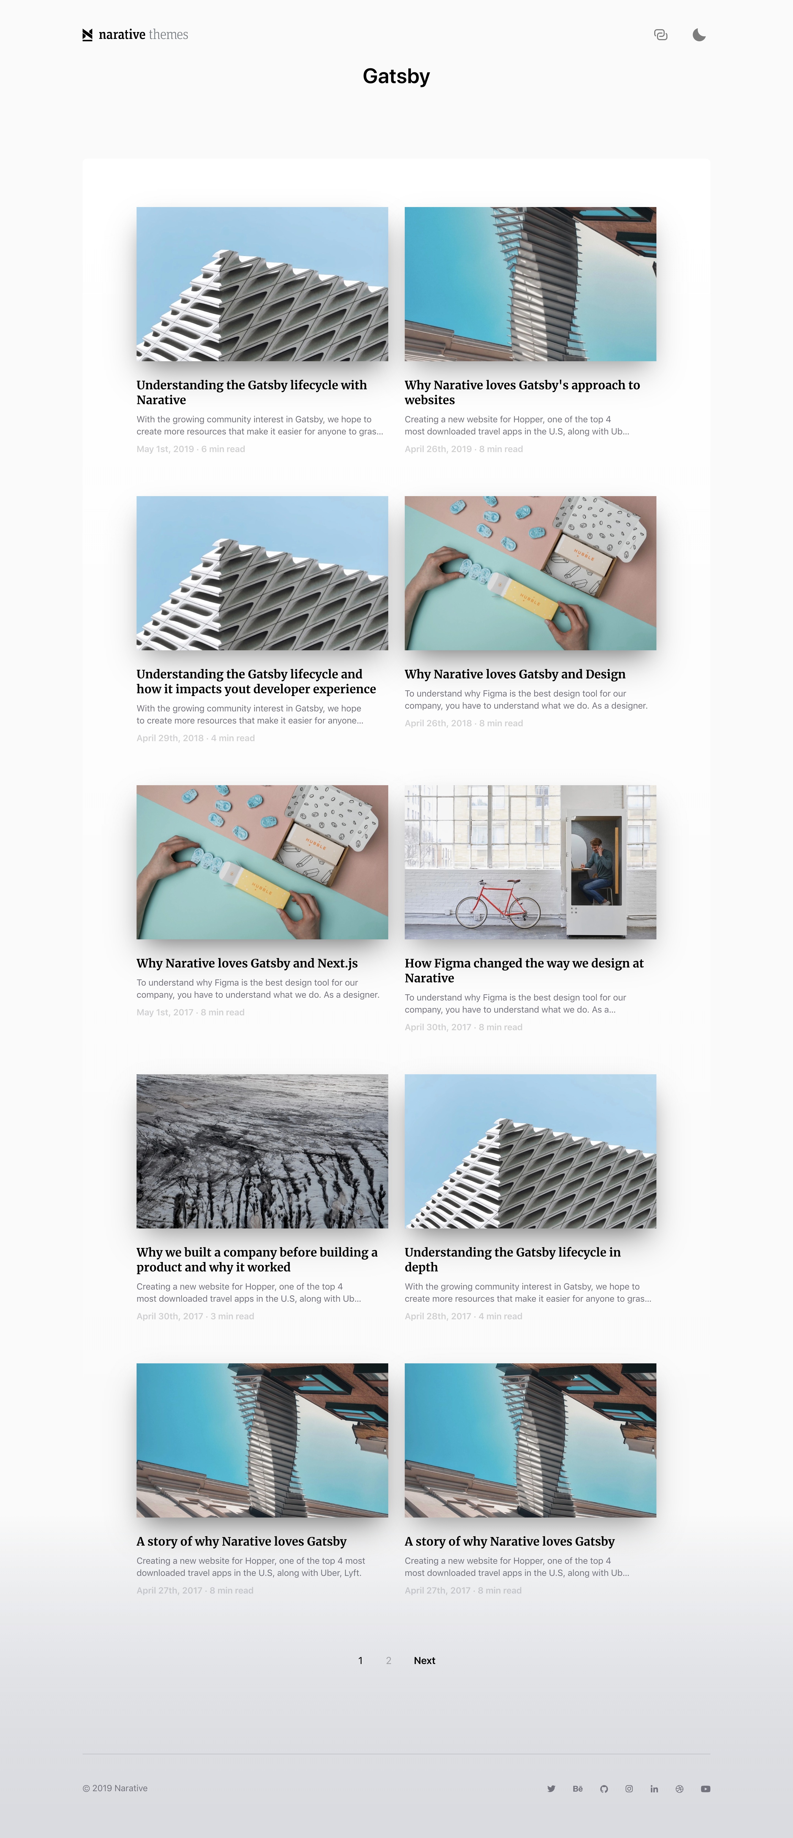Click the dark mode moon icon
point(699,35)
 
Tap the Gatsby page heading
point(396,76)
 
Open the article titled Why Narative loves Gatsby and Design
point(515,674)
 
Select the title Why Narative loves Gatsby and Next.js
point(247,963)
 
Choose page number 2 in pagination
point(388,1660)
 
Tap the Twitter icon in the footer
point(551,1789)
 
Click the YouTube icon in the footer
point(705,1789)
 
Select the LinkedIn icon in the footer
point(654,1789)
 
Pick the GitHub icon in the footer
point(604,1789)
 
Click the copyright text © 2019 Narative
point(115,1788)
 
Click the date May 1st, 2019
point(165,449)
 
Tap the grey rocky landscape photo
point(262,1151)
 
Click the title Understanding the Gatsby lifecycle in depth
point(512,1259)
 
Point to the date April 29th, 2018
point(170,738)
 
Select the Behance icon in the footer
point(577,1789)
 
